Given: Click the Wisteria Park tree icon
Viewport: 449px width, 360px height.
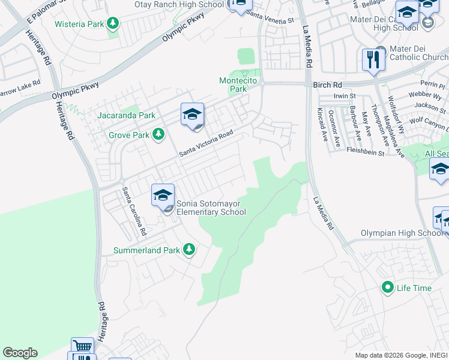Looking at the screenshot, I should (112, 24).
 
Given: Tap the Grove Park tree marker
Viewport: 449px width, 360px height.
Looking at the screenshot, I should (158, 135).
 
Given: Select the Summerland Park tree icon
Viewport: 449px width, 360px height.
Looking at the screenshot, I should (189, 249).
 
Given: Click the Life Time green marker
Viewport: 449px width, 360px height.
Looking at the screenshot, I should (388, 288).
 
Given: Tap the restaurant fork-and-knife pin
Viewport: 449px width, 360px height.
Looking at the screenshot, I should (373, 60).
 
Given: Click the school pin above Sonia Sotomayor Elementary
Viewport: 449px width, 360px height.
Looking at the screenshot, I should (163, 196).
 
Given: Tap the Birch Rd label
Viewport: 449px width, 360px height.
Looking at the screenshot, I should (327, 85).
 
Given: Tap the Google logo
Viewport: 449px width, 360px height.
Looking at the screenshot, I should (20, 353).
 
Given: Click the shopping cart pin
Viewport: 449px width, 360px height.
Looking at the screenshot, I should (82, 347).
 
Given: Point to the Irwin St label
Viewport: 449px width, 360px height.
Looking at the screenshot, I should (345, 95).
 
